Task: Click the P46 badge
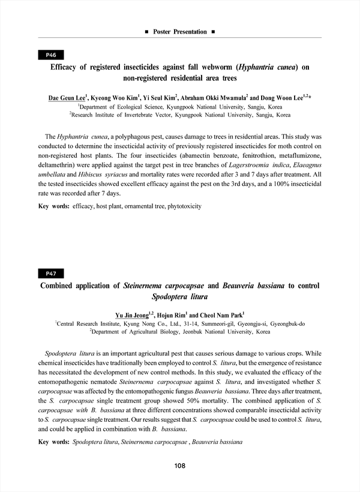(51, 55)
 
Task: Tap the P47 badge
(51, 274)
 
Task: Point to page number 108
(179, 466)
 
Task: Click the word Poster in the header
(166, 31)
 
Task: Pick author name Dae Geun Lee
(67, 97)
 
